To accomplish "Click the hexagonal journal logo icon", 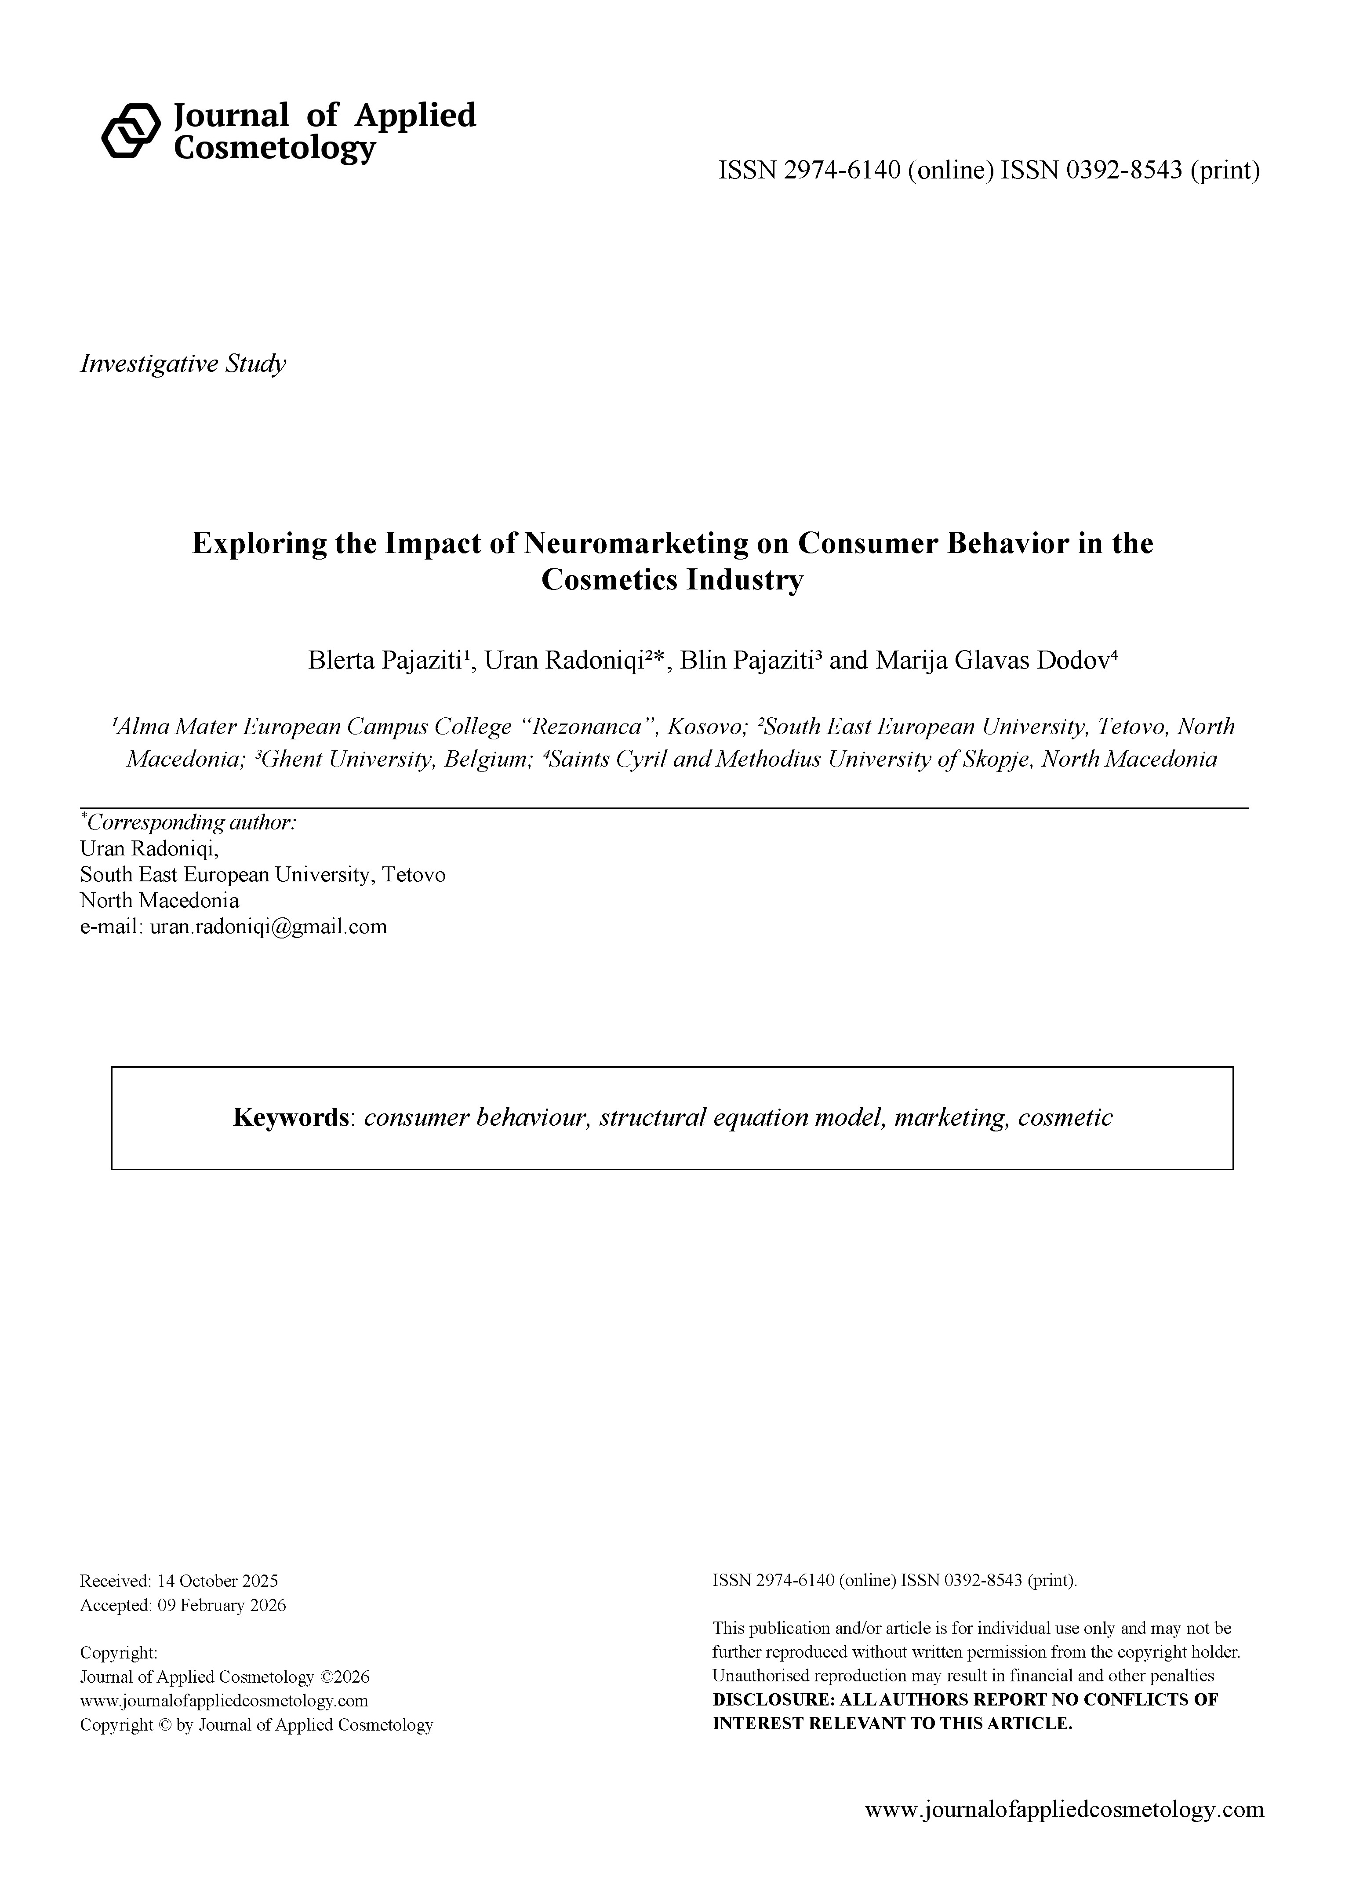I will click(x=130, y=130).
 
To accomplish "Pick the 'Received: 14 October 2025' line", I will click(x=179, y=1581).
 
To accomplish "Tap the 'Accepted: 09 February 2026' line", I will click(x=183, y=1605).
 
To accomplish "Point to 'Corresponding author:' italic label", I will click(x=190, y=822).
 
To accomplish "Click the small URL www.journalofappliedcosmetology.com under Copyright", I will click(x=224, y=1701).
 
